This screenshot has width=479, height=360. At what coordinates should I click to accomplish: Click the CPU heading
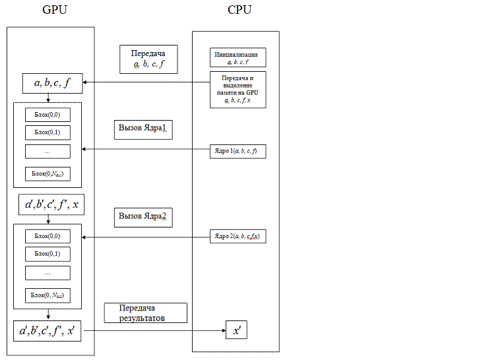[239, 10]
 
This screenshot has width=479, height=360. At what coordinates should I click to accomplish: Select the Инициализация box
[238, 57]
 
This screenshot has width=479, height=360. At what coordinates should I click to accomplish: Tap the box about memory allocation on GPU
[238, 89]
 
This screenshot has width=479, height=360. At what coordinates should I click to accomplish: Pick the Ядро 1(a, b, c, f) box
[238, 151]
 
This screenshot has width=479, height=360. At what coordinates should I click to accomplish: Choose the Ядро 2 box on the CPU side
[238, 236]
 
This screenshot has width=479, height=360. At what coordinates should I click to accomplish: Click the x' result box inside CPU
[236, 330]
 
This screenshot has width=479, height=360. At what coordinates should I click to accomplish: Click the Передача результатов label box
[145, 313]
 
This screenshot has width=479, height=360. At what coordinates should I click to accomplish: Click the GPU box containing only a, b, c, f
[48, 83]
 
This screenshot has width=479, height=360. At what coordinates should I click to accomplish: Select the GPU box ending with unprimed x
[51, 206]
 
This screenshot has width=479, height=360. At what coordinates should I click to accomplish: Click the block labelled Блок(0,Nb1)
[48, 174]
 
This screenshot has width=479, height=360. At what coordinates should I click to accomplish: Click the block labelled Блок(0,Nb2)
[48, 295]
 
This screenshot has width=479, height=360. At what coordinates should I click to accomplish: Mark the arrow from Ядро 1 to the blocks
[145, 150]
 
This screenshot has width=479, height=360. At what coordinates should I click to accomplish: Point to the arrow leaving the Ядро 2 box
[145, 237]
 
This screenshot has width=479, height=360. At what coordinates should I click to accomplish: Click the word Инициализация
[238, 54]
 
